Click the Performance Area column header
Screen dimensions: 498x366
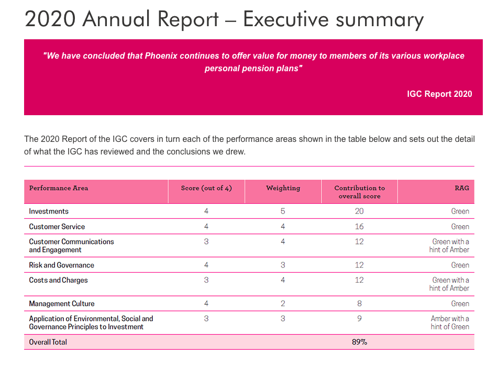[x=59, y=188]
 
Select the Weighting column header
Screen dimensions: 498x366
[x=283, y=188]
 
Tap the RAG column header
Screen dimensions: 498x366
[x=462, y=188]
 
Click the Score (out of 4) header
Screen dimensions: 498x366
[x=206, y=188]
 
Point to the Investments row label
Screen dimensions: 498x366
[x=49, y=211]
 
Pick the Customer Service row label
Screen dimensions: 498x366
[x=57, y=227]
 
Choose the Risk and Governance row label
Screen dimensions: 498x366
[x=62, y=265]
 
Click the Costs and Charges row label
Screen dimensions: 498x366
[x=59, y=280]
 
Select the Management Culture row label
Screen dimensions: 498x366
[x=62, y=304]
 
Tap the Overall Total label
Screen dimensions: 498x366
[x=48, y=342]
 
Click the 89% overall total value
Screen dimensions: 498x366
[x=360, y=342]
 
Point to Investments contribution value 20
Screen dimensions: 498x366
[x=359, y=211]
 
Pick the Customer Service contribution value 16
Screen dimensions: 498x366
[x=359, y=227]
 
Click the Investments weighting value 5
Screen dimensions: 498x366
[x=283, y=211]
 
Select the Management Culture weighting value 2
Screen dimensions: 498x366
[x=283, y=304]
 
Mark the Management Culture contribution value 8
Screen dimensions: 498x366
[x=359, y=304]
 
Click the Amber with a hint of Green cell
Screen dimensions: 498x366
[x=450, y=323]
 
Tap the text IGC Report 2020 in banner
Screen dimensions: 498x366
[x=439, y=94]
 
